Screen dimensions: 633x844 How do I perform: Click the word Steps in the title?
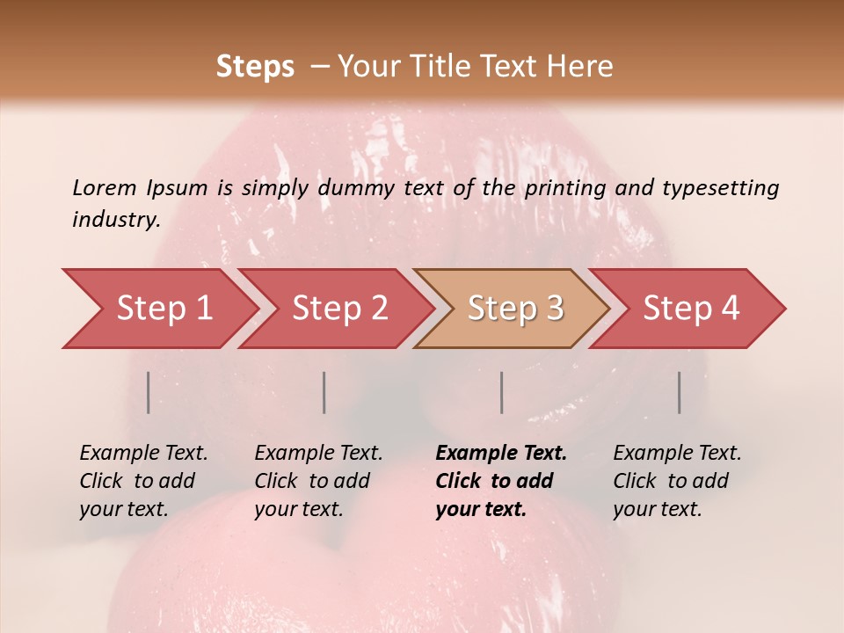[x=255, y=67]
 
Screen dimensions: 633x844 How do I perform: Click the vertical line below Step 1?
[x=149, y=392]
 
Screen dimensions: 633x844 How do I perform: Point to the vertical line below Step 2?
[x=324, y=392]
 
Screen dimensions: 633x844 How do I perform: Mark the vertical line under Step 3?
[x=501, y=392]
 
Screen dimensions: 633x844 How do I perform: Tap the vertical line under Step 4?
[x=679, y=392]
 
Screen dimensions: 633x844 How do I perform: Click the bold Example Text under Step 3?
[x=500, y=481]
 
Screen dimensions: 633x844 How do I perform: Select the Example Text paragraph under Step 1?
[x=142, y=481]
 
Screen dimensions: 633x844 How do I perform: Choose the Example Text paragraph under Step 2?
[x=317, y=481]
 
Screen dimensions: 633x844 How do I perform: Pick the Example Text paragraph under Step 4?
[x=676, y=481]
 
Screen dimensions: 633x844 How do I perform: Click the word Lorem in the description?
[x=105, y=187]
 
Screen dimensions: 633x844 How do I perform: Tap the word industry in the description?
[x=115, y=220]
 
